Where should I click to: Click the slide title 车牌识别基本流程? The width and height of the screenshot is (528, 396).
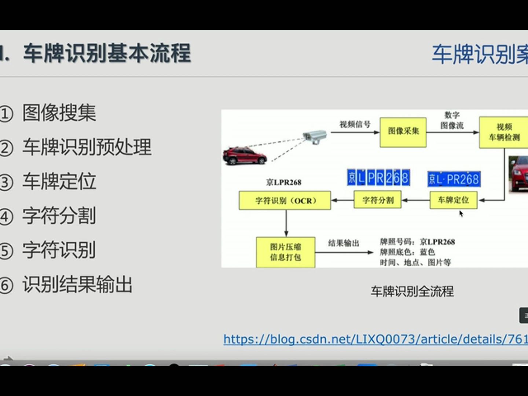pyautogui.click(x=107, y=54)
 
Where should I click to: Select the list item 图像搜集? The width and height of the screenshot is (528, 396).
pyautogui.click(x=59, y=113)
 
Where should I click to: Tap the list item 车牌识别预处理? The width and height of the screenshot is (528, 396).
pyautogui.click(x=87, y=147)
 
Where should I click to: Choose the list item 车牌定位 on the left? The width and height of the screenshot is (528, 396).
pyautogui.click(x=59, y=181)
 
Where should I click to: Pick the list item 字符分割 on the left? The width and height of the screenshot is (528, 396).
pyautogui.click(x=59, y=216)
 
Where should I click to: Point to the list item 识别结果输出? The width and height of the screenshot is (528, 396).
pyautogui.click(x=77, y=285)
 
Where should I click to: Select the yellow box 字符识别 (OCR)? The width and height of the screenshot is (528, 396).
pyautogui.click(x=285, y=201)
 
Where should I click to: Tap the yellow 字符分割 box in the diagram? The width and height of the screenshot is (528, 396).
pyautogui.click(x=378, y=200)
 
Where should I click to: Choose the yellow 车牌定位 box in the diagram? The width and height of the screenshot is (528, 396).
pyautogui.click(x=453, y=200)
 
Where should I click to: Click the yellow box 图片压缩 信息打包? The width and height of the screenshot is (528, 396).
pyautogui.click(x=285, y=252)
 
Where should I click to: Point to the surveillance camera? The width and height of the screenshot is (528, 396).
pyautogui.click(x=315, y=136)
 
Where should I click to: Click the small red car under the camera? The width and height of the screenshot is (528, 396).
pyautogui.click(x=245, y=155)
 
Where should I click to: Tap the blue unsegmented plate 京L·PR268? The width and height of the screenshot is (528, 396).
pyautogui.click(x=454, y=179)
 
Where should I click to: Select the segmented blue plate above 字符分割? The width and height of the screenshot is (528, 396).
pyautogui.click(x=378, y=177)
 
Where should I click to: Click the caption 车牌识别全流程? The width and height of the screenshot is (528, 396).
pyautogui.click(x=412, y=291)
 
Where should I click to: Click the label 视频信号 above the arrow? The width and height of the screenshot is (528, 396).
pyautogui.click(x=355, y=124)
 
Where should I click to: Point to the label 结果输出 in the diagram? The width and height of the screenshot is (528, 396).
pyautogui.click(x=344, y=243)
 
